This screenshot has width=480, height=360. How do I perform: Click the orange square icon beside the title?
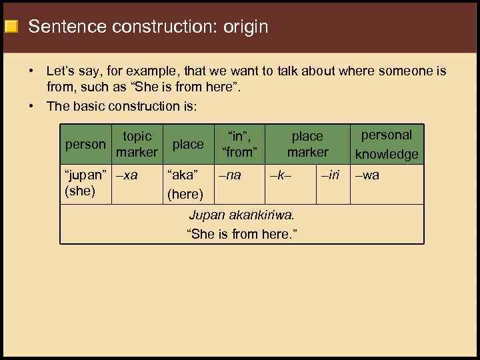click(x=11, y=27)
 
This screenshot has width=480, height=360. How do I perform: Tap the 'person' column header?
click(x=85, y=144)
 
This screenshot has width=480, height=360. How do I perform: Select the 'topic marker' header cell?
click(x=137, y=144)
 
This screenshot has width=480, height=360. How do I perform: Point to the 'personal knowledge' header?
click(x=387, y=144)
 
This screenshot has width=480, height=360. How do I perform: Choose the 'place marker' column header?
click(x=307, y=144)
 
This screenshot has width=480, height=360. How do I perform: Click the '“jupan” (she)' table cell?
click(x=85, y=183)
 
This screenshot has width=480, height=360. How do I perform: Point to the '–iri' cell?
click(x=330, y=175)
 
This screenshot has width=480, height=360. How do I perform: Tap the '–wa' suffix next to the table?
click(x=367, y=175)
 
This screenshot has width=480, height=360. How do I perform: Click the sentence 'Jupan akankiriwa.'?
click(x=241, y=215)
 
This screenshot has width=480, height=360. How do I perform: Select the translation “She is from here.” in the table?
click(x=241, y=234)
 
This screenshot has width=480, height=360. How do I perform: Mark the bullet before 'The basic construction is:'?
click(x=31, y=106)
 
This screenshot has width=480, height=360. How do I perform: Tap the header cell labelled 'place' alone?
click(x=188, y=144)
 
